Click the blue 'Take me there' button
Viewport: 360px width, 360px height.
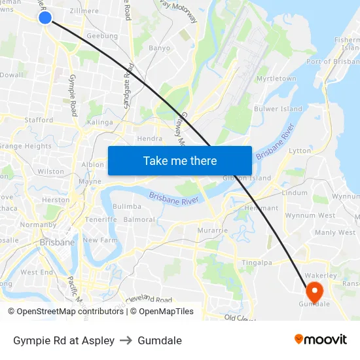coord(179,160)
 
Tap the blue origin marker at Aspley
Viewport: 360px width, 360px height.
coord(45,17)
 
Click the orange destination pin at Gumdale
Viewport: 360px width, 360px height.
coord(314,291)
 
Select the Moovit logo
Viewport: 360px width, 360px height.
coord(321,340)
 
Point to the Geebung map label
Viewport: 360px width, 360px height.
coord(102,37)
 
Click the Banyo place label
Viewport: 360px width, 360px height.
coord(159,48)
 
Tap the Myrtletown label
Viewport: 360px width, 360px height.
coord(276,79)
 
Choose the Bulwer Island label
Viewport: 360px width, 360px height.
coord(278,109)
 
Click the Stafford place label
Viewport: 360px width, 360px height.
coord(39,120)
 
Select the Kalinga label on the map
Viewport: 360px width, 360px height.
coord(99,122)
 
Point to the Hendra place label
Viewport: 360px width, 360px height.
coord(150,139)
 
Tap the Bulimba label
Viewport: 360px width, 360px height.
coord(127,206)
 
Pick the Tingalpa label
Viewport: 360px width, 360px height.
coord(257,262)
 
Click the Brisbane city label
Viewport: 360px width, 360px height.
coord(57,242)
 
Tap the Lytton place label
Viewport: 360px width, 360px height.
coord(300,151)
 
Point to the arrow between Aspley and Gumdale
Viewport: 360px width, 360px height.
coord(126,340)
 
